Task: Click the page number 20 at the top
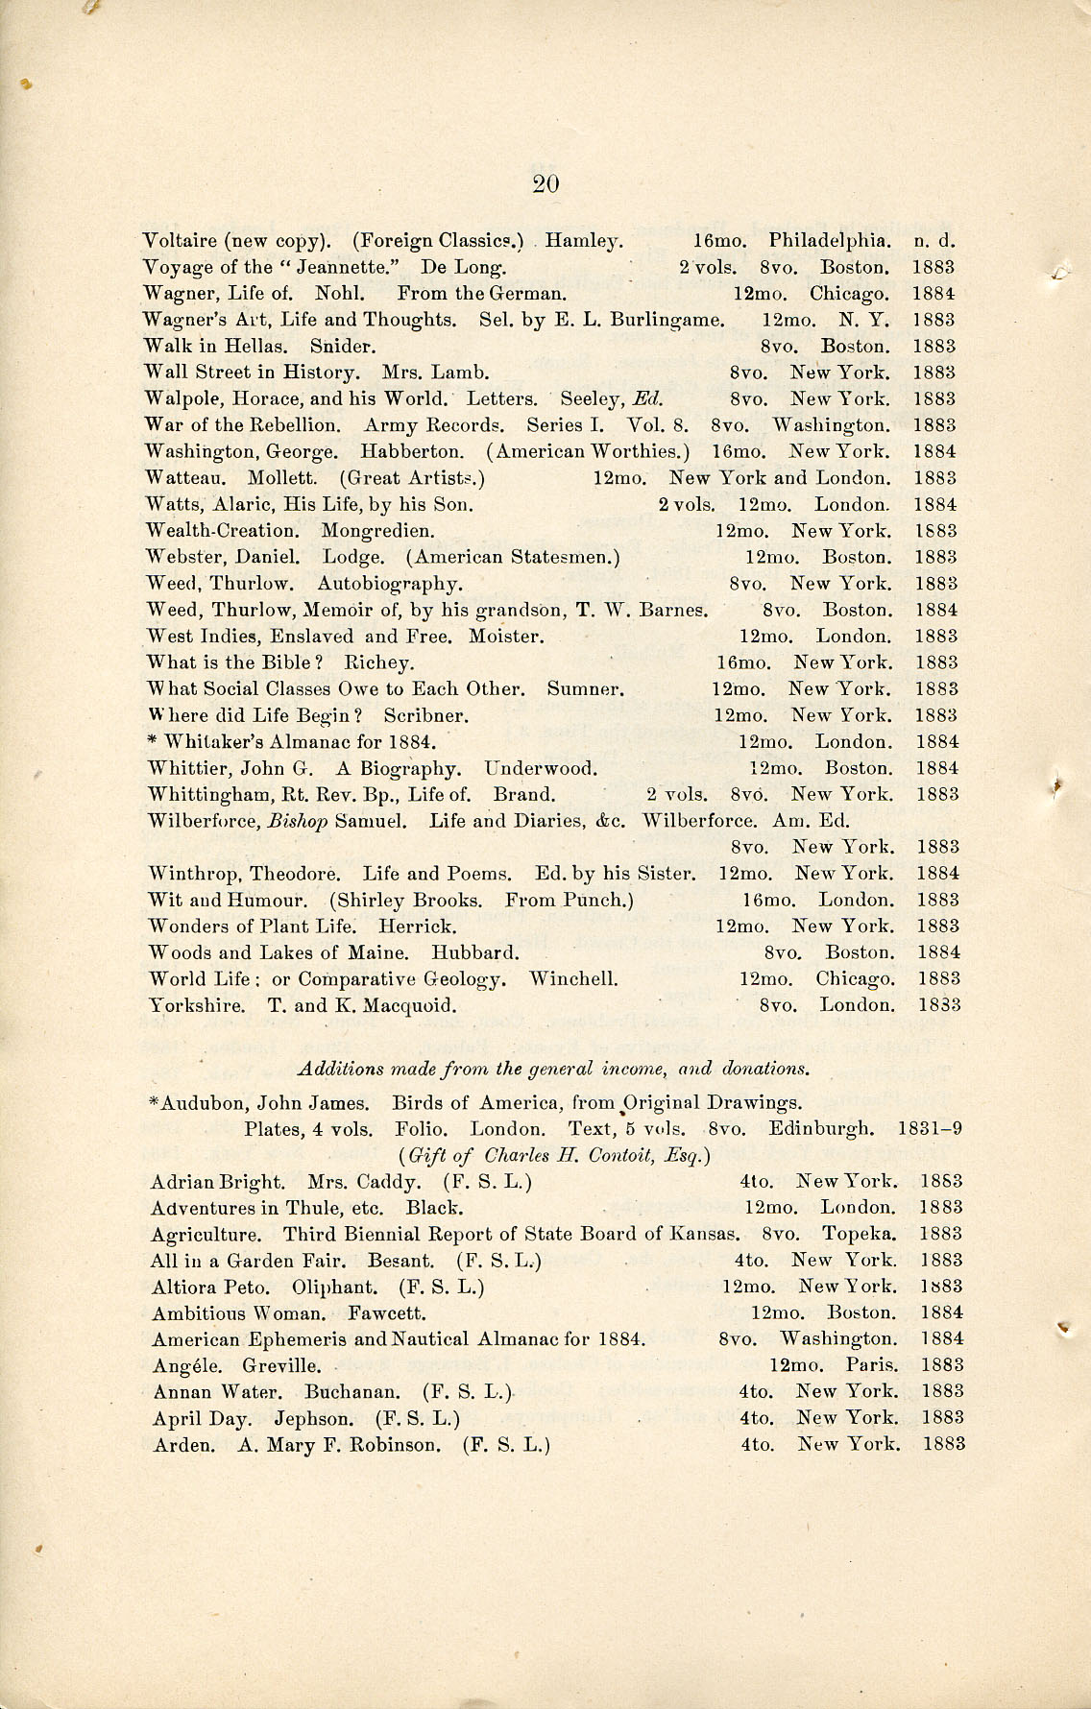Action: (545, 184)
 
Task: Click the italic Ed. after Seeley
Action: (650, 398)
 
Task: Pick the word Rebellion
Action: (293, 424)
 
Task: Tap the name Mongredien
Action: (377, 530)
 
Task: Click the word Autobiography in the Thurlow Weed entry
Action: (390, 583)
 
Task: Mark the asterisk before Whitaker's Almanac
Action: (153, 741)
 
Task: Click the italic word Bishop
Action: (299, 821)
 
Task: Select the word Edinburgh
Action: (821, 1128)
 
